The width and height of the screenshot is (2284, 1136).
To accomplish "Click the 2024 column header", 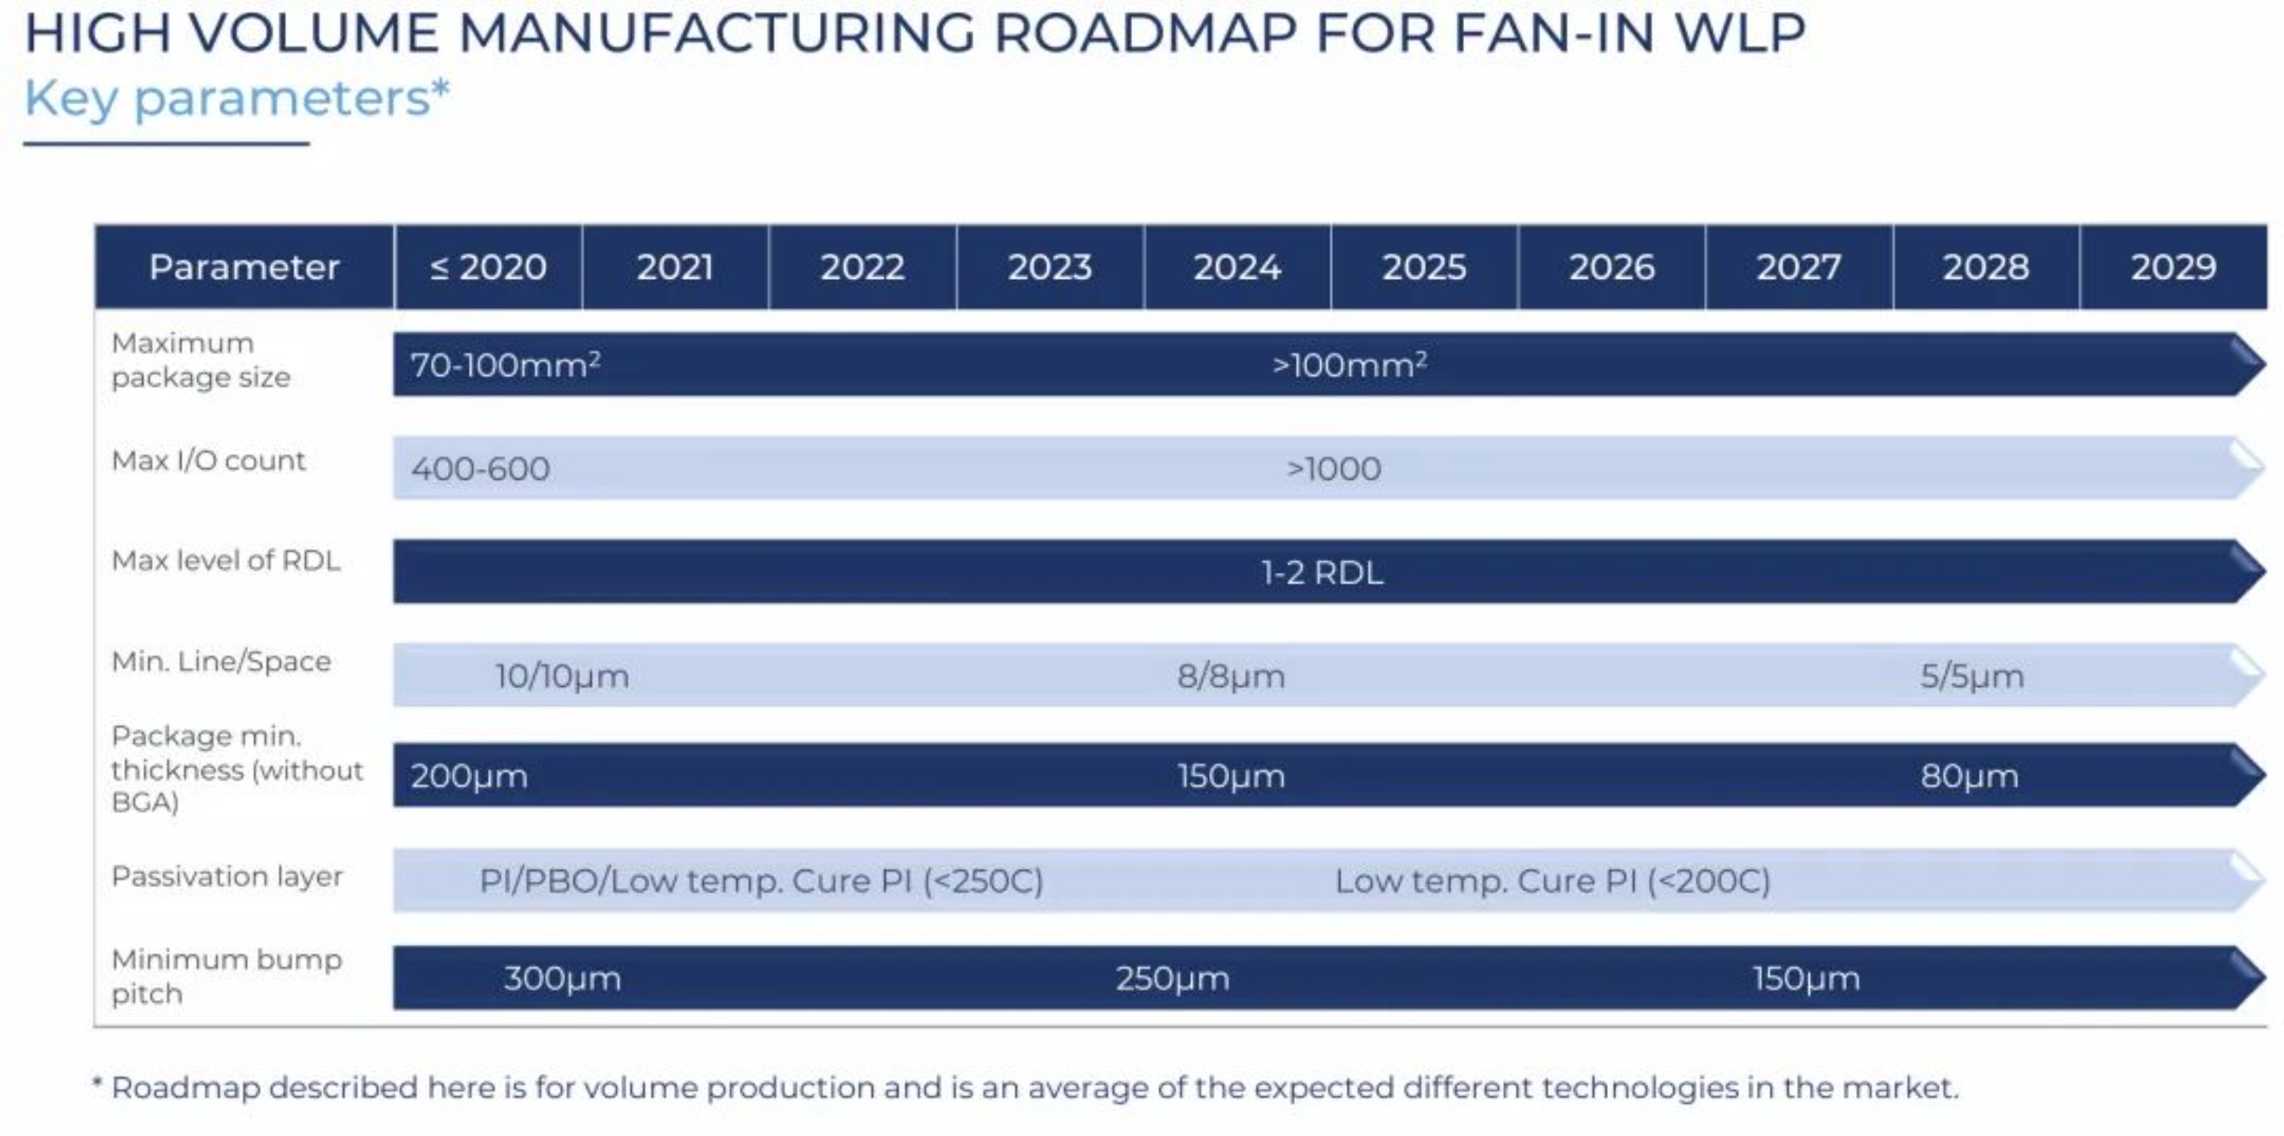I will click(1237, 267).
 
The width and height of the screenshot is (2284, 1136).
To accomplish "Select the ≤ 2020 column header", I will click(489, 267).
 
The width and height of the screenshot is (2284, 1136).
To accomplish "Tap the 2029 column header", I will click(2173, 267).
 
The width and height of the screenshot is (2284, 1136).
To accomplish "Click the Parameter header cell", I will click(244, 267).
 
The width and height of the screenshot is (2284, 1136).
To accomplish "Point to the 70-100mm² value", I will click(506, 365).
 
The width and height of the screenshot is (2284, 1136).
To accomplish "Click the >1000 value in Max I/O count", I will click(1334, 468).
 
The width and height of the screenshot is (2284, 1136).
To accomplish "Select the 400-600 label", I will click(480, 468).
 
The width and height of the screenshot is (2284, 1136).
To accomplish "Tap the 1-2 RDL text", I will click(1322, 572).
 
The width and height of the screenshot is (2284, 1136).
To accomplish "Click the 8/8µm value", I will click(1230, 676).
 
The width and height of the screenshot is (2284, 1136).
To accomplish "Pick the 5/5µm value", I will click(1972, 676).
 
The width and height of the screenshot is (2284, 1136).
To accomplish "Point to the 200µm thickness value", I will click(469, 776).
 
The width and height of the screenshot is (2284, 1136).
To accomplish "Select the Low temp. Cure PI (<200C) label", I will click(1552, 881).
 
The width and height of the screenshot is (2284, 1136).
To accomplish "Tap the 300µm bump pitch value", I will click(562, 978).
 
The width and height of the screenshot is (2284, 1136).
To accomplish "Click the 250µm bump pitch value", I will click(1172, 978).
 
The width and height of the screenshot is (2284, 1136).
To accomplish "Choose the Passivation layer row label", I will click(227, 876).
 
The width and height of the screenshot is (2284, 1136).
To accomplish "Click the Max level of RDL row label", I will click(226, 560).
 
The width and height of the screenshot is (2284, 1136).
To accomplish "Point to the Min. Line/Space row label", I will click(222, 662).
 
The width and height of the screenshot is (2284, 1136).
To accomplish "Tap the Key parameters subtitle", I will click(237, 97).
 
